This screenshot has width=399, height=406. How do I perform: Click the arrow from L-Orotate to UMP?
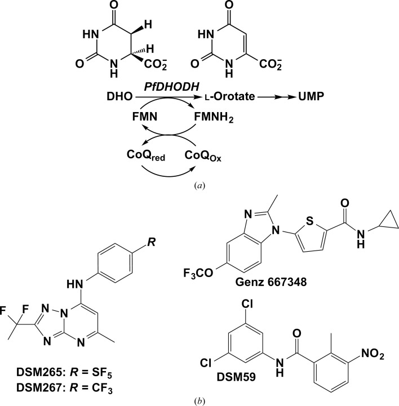273,98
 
